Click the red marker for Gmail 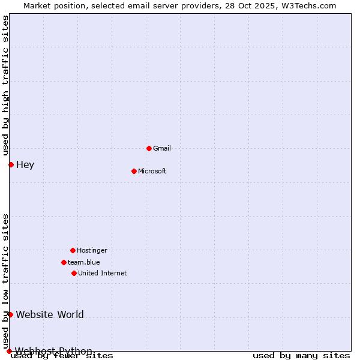[149, 148]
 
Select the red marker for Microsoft [134, 171]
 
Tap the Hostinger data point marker [73, 250]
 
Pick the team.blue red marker [64, 262]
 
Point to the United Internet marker [74, 273]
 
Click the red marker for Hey [11, 164]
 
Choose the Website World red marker [10, 314]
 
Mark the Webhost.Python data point [9, 351]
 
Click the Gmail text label [162, 148]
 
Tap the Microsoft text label [152, 171]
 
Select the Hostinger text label [92, 250]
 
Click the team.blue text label [84, 262]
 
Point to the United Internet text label [103, 273]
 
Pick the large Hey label [25, 165]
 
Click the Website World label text [50, 314]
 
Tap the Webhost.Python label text [54, 351]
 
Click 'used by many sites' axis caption [301, 355]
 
